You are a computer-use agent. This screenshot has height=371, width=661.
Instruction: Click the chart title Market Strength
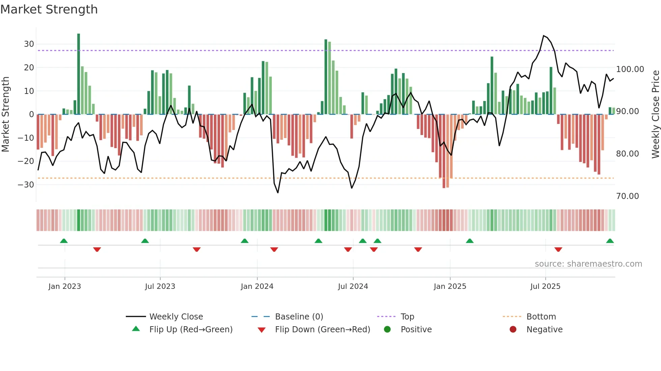point(49,9)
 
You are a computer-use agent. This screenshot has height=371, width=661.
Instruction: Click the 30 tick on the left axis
point(29,44)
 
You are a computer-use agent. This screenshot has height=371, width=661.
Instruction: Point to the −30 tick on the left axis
point(26,184)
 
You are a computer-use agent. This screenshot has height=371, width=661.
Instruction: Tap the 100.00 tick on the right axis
point(630,69)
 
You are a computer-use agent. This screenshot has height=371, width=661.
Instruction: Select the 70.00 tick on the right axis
point(627,196)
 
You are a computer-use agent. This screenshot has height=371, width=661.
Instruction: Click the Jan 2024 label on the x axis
point(257,286)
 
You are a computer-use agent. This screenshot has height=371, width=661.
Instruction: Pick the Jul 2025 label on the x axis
point(545,286)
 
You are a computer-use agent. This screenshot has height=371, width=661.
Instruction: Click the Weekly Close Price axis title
point(655,114)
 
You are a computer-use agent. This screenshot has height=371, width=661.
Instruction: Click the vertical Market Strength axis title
point(5,114)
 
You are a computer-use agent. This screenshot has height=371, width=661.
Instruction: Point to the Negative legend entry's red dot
point(513,330)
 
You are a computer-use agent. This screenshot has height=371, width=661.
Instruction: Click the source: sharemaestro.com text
point(588,264)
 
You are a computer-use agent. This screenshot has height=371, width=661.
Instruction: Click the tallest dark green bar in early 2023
point(79,74)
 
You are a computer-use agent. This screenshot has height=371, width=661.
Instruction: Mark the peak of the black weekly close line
point(544,36)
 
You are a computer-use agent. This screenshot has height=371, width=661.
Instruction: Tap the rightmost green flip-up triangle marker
point(610,241)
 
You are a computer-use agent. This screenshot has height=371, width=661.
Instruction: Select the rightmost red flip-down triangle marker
point(558,249)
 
